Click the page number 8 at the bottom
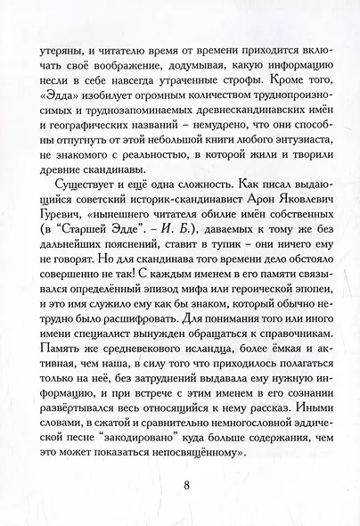coord(186,486)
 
